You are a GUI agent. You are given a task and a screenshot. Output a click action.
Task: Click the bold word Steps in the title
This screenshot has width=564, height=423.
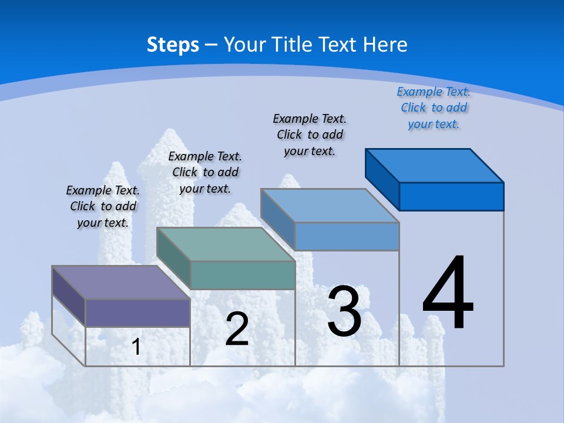coord(173,45)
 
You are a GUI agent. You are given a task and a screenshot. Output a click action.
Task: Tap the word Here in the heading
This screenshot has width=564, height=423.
coord(386,45)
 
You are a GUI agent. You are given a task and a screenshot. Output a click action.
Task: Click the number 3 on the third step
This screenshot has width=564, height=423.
coord(344,311)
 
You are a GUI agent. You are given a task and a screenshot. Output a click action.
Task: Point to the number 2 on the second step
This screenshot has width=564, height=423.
coord(237,329)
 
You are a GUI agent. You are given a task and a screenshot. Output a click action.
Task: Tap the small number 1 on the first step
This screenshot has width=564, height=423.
coord(136,347)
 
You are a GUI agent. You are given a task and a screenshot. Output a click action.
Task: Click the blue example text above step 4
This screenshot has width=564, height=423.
coord(434,108)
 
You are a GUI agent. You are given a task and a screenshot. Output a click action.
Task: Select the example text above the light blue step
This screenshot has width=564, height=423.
coord(310,135)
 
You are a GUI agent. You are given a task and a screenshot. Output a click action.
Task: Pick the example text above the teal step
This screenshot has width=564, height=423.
coord(205,172)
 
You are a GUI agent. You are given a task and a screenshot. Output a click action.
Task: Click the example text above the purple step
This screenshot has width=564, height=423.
coord(103,206)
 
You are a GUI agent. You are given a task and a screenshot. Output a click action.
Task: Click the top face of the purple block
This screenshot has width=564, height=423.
coord(120,283)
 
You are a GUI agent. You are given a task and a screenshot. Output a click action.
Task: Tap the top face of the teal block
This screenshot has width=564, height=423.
coord(225,244)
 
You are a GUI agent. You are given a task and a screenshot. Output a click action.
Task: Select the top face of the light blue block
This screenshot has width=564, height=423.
coord(330,205)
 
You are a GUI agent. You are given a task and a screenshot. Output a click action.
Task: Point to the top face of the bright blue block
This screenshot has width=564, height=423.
coord(434,165)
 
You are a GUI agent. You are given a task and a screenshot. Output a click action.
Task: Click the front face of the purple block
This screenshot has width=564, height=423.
coord(137,313)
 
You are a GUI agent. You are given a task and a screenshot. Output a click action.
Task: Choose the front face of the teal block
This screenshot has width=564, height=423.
coord(242,275)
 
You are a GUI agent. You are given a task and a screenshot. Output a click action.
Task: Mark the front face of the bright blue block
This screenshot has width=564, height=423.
coord(451,196)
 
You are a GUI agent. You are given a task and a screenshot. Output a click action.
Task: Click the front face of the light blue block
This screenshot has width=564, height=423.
coord(347,236)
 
